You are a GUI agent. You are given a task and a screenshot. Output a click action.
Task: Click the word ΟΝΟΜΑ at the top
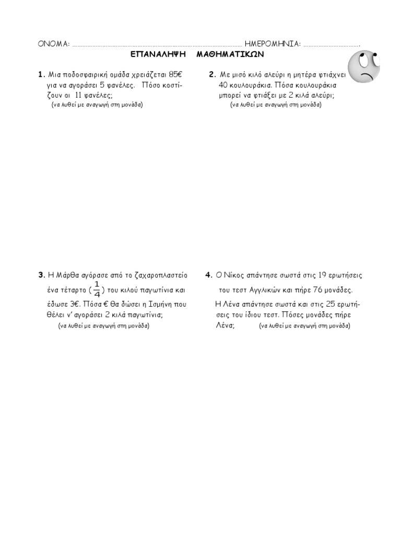54,44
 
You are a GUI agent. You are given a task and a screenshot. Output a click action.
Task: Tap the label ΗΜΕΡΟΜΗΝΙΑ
272,44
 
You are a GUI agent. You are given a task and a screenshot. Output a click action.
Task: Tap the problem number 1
40,74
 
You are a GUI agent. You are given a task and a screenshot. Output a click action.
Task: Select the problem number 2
212,74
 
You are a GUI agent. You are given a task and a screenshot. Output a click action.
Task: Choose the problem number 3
40,275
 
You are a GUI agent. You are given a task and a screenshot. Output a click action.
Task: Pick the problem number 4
208,275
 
